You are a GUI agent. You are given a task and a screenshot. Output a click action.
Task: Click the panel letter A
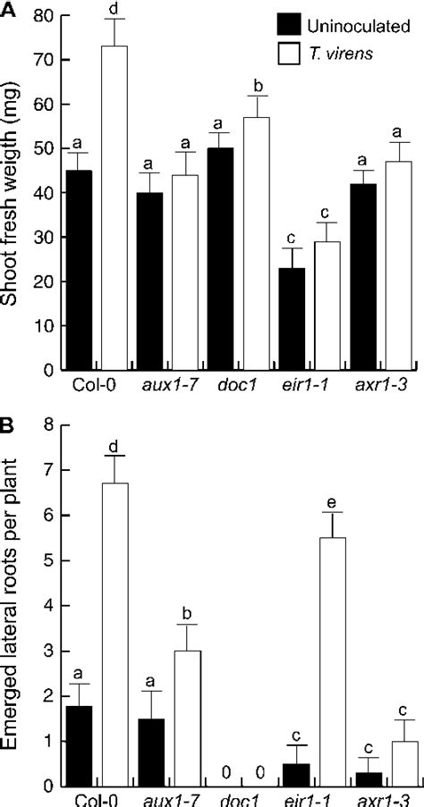(x=7, y=9)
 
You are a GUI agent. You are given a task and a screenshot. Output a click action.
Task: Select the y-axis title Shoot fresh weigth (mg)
(x=13, y=192)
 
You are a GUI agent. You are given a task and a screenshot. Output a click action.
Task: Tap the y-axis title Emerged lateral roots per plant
(x=13, y=608)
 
